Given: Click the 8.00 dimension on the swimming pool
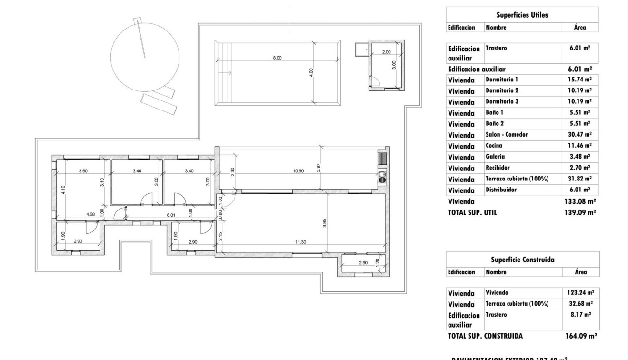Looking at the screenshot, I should [277, 58].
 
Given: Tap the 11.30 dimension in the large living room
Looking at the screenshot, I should [300, 242].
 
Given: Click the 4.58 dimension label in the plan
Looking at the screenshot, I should [90, 214].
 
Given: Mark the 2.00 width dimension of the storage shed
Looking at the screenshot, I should [386, 52].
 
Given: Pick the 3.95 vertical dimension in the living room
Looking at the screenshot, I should [324, 222].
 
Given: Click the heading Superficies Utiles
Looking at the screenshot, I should [522, 15].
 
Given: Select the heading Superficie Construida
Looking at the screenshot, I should [522, 260].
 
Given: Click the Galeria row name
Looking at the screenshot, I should [496, 157].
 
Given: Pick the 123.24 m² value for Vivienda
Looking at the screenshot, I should [580, 293].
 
